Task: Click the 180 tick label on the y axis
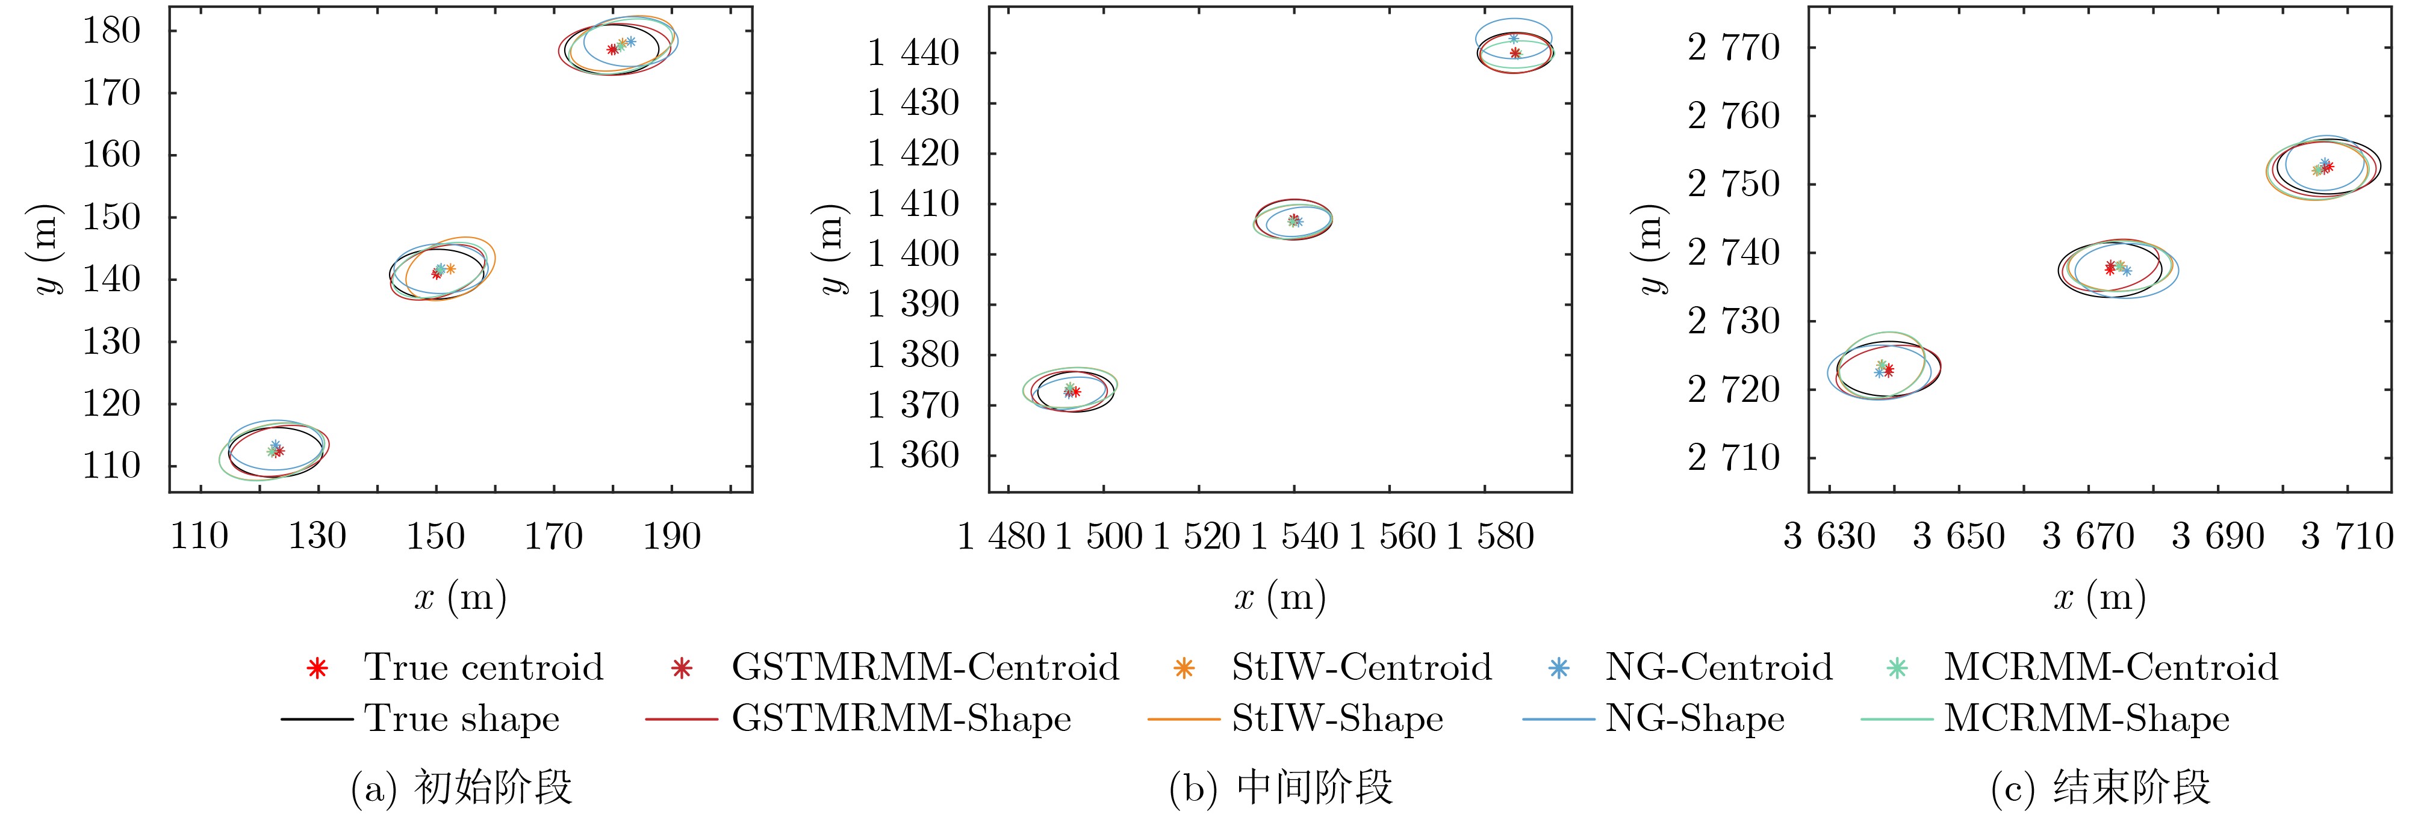coord(111,31)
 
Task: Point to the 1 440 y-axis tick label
coord(912,52)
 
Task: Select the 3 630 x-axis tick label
coord(1830,537)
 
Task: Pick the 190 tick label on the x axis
coord(671,537)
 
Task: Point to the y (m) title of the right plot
coord(1651,248)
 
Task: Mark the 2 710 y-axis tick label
coord(1733,458)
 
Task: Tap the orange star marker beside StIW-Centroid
coord(1184,668)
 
